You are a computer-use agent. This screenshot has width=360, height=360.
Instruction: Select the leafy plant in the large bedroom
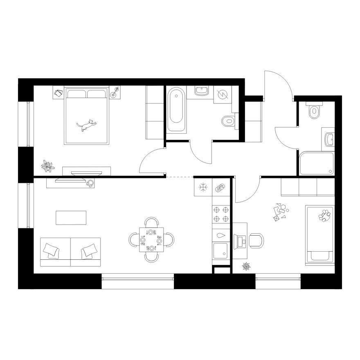click(48, 166)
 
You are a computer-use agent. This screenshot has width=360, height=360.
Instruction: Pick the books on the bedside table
click(58, 93)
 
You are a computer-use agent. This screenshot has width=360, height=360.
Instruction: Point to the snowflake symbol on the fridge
click(202, 187)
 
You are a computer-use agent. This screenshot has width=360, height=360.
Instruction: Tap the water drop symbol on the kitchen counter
click(221, 236)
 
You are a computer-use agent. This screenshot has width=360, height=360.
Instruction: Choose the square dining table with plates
click(151, 240)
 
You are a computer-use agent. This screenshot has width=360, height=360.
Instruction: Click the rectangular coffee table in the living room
click(71, 217)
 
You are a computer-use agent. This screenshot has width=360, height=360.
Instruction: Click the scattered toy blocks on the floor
click(280, 212)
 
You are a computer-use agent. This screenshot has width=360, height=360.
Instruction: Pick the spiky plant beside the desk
click(246, 267)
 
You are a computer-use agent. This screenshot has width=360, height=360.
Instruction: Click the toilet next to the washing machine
click(228, 121)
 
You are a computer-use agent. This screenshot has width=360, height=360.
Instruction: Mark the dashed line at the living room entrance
click(180, 177)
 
